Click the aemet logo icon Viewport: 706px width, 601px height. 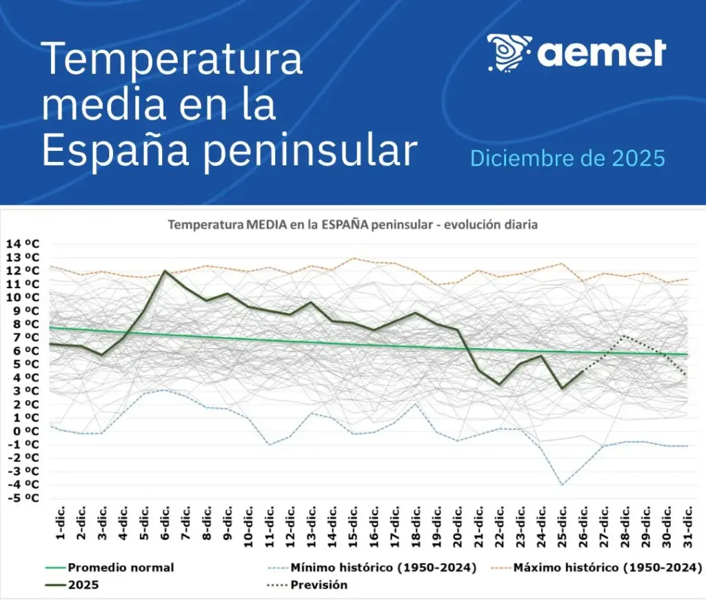point(510,52)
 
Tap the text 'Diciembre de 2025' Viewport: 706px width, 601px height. point(567,159)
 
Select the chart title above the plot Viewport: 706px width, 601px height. point(353,225)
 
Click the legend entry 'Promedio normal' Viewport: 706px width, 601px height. point(121,568)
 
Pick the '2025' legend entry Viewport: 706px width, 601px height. point(82,585)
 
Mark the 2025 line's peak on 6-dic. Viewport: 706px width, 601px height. point(165,271)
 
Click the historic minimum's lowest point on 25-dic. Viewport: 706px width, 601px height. point(563,485)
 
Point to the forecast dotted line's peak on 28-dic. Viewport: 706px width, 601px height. point(624,336)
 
